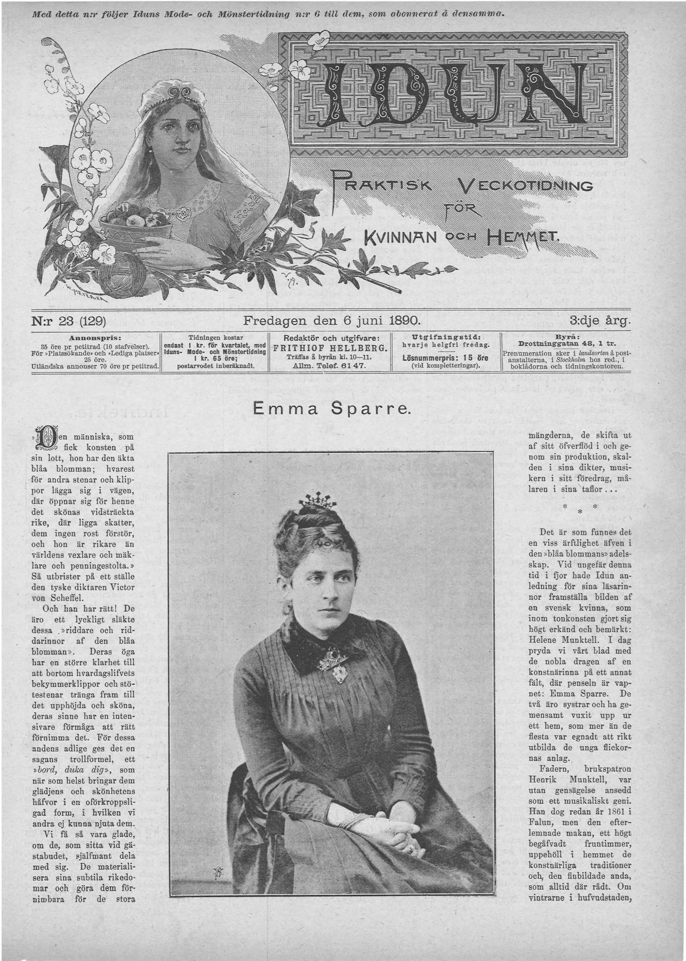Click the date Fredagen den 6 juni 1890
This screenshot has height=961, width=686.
coord(332,320)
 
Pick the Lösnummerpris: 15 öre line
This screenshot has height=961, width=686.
coord(445,358)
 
